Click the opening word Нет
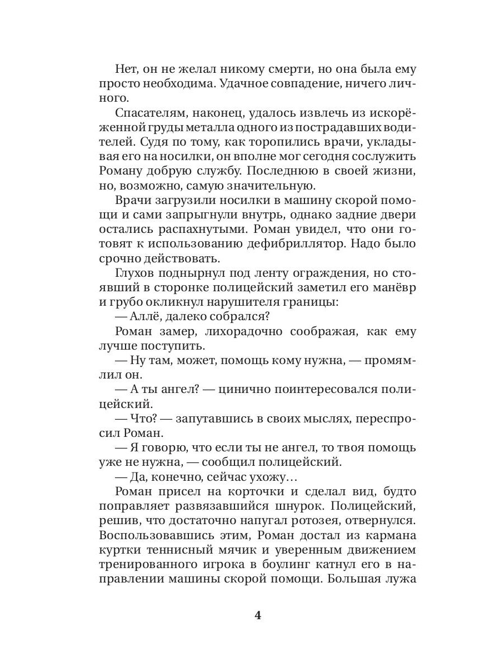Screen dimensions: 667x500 point(127,71)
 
